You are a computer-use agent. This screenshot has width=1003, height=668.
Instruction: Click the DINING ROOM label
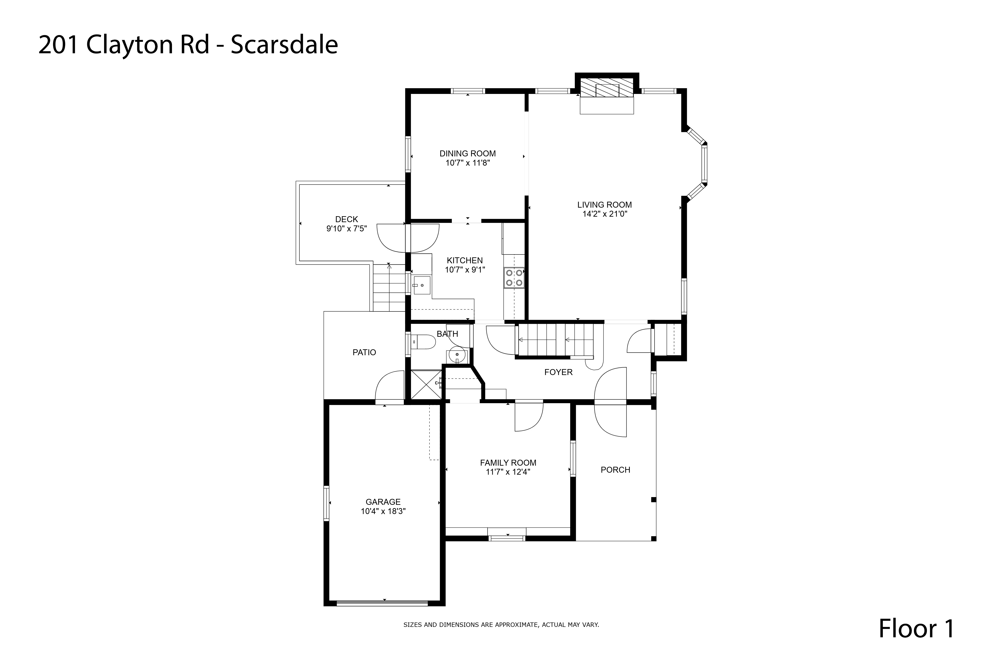pyautogui.click(x=468, y=153)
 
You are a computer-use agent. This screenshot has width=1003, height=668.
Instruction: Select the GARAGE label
pyautogui.click(x=383, y=502)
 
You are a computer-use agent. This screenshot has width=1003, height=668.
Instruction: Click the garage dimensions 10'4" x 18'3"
pyautogui.click(x=383, y=511)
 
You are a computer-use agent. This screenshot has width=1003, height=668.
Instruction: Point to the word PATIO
pyautogui.click(x=364, y=352)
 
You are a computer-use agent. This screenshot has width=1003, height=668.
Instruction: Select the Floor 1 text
pyautogui.click(x=916, y=628)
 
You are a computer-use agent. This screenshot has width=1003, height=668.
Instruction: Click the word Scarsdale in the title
pyautogui.click(x=284, y=44)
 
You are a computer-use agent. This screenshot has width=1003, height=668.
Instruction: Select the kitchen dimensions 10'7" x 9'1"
pyautogui.click(x=465, y=270)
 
